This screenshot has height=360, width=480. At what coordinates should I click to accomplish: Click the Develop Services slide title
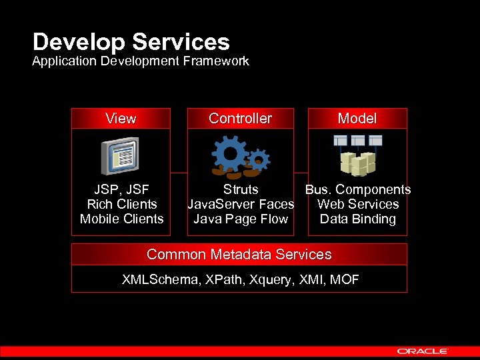tap(131, 42)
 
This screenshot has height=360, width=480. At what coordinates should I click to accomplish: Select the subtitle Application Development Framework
tap(141, 61)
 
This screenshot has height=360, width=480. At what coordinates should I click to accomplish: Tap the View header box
tap(121, 119)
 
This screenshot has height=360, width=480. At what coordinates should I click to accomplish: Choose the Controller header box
tap(240, 119)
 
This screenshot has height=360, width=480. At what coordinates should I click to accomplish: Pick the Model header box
tap(357, 119)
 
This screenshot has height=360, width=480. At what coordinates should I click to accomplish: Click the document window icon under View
tap(119, 156)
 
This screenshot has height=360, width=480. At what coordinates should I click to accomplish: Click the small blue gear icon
tap(259, 159)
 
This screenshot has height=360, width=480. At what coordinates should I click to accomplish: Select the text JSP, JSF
tap(121, 190)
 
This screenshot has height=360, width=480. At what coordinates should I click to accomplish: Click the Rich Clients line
tap(122, 205)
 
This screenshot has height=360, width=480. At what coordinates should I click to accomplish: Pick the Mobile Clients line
tap(122, 219)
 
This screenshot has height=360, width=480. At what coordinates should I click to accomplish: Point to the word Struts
tap(241, 190)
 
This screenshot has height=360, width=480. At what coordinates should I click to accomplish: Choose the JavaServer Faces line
tap(241, 205)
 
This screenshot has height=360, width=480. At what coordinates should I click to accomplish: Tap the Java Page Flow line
tap(241, 219)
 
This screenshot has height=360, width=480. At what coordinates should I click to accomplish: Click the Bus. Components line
tap(358, 190)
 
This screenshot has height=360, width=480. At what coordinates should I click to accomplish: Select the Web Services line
tap(358, 205)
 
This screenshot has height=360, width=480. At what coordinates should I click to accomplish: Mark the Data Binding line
tap(358, 219)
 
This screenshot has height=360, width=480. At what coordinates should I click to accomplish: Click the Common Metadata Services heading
tap(239, 255)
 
